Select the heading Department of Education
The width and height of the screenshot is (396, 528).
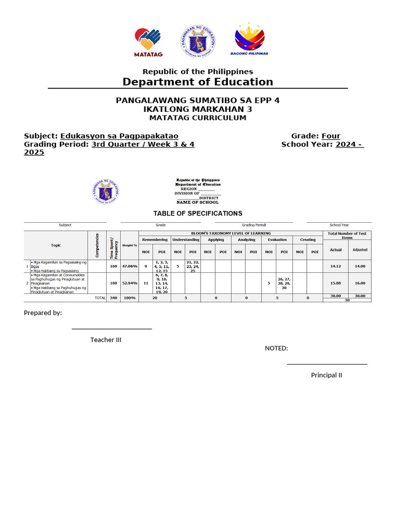click(198, 82)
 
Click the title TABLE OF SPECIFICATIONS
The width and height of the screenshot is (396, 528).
click(198, 213)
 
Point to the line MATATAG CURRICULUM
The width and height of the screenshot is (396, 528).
click(198, 118)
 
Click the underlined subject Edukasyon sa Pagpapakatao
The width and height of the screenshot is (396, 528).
click(119, 136)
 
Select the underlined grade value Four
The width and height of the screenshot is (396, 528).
click(331, 136)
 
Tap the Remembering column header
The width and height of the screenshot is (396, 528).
click(155, 240)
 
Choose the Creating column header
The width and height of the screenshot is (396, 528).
click(308, 240)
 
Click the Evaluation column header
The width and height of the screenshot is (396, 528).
click(277, 240)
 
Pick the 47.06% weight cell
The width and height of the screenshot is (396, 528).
click(129, 266)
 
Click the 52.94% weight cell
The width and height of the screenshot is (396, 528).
click(129, 283)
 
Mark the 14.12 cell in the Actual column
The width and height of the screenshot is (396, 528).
click(336, 266)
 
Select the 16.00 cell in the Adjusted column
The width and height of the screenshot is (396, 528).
click(359, 283)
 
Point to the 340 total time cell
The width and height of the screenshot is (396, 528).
click(113, 298)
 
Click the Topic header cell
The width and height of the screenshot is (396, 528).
click(56, 245)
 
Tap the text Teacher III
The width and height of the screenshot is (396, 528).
click(106, 340)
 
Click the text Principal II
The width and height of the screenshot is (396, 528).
click(326, 375)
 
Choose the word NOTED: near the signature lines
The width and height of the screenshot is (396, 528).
click(276, 348)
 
